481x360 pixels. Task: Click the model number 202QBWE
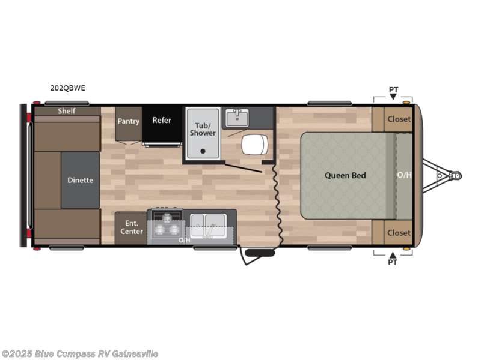tap(68, 88)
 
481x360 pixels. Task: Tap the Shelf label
tap(67, 111)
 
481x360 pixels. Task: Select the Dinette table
tap(80, 180)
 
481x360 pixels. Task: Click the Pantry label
tap(129, 121)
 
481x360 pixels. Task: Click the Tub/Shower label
tap(203, 129)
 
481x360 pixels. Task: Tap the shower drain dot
tap(203, 151)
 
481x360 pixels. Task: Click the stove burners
tap(167, 227)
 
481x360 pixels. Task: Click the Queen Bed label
tap(345, 176)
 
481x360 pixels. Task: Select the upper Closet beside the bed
tap(399, 119)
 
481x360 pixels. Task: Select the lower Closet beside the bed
tap(399, 232)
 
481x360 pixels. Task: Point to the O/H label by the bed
tap(404, 176)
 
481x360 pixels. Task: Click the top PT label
tap(393, 90)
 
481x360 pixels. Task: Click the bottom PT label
tap(393, 262)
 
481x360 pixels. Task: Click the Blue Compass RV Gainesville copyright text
tap(80, 353)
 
